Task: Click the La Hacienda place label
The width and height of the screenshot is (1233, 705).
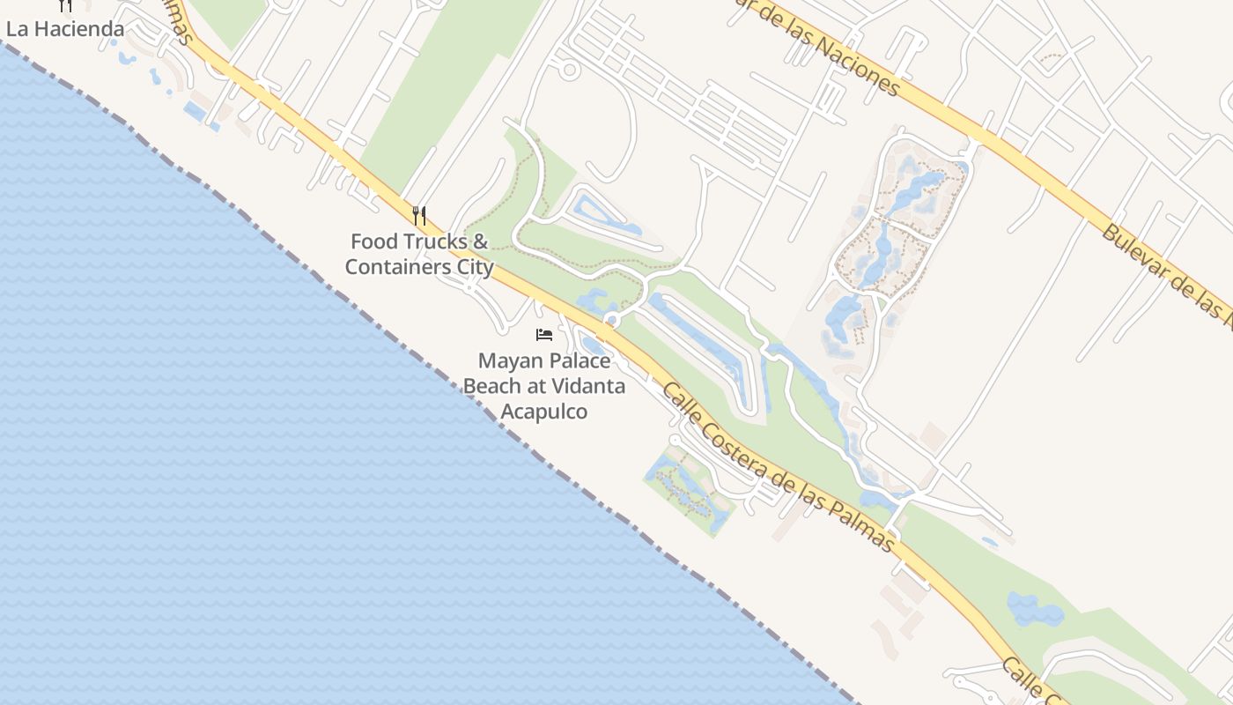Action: click(x=65, y=29)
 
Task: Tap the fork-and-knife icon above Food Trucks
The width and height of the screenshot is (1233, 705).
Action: click(x=419, y=215)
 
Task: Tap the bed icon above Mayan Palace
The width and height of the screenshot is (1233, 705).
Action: click(x=544, y=335)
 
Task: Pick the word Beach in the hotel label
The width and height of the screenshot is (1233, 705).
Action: click(x=491, y=386)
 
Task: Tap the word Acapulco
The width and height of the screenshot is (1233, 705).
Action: click(x=543, y=412)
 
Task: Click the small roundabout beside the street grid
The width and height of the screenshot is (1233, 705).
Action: click(x=569, y=69)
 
